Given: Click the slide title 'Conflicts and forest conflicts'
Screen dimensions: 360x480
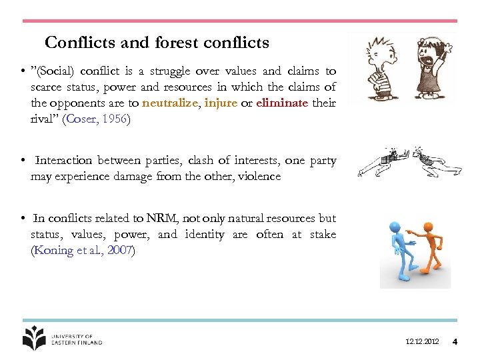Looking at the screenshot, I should [157, 43].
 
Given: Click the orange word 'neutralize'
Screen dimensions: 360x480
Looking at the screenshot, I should [169, 103].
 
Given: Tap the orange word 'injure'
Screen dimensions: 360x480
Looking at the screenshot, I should [221, 103].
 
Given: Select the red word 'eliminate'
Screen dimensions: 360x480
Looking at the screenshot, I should [282, 103].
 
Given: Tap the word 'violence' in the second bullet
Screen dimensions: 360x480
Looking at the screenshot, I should [257, 177].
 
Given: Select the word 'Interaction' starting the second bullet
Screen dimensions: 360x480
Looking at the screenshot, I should [63, 161].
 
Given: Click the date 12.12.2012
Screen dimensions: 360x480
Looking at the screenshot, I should [422, 342].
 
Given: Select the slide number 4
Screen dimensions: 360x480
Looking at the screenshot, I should [455, 342].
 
